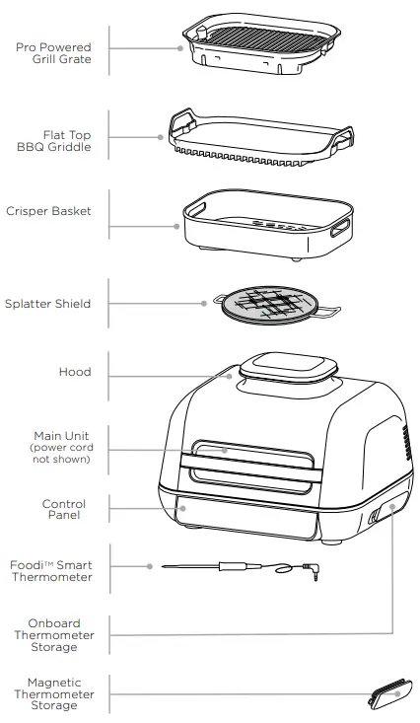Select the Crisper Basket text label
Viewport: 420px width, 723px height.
tap(49, 210)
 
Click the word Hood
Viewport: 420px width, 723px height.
tap(75, 372)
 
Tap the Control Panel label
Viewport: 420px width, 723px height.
tap(64, 509)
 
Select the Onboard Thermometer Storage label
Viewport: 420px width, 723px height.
tap(55, 635)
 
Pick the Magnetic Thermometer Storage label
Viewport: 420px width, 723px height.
tap(55, 694)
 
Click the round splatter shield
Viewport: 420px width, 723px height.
tap(260, 306)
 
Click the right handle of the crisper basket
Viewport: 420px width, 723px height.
tap(341, 229)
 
